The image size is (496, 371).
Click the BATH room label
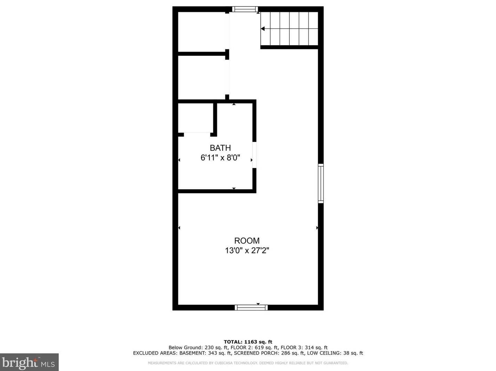[x=220, y=148]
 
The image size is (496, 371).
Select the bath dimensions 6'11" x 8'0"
[x=220, y=158]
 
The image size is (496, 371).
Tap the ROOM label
[x=247, y=240]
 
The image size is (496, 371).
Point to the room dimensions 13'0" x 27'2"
[x=247, y=250]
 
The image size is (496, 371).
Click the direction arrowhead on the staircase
[x=263, y=29]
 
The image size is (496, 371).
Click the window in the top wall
[x=245, y=9]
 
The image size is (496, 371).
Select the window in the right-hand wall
[x=321, y=183]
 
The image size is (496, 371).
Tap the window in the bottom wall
[x=251, y=308]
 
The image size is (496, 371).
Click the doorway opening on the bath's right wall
[x=254, y=155]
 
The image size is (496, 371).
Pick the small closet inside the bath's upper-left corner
[x=195, y=118]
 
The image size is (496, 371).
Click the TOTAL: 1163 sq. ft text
[x=248, y=342]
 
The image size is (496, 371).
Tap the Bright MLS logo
[x=29, y=362]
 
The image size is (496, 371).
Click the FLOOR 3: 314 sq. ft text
[x=304, y=347]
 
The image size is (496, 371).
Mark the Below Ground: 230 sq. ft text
[x=198, y=347]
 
